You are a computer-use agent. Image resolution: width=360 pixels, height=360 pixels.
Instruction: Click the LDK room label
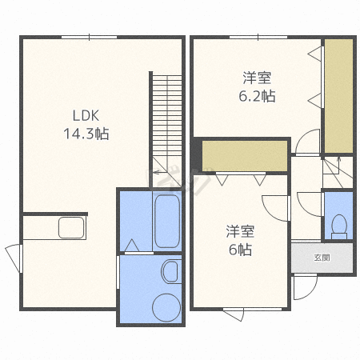(x=86, y=115)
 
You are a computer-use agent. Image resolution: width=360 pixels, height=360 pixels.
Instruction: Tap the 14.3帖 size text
(x=86, y=134)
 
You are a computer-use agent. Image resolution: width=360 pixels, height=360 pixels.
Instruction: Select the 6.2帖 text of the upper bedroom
(x=257, y=96)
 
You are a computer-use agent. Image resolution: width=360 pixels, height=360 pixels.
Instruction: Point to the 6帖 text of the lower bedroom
(x=240, y=250)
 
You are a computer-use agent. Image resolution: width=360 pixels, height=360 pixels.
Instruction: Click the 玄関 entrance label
(x=322, y=258)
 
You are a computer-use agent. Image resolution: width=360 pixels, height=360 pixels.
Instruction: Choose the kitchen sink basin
(x=71, y=227)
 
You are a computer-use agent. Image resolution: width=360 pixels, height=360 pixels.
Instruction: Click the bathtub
(x=167, y=222)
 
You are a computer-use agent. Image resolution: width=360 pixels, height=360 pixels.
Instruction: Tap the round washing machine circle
(x=166, y=307)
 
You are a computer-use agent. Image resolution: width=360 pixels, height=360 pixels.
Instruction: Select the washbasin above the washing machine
(x=170, y=272)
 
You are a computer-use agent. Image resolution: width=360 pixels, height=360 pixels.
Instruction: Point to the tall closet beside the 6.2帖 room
(x=338, y=96)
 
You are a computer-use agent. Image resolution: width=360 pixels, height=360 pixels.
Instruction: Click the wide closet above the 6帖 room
(x=245, y=156)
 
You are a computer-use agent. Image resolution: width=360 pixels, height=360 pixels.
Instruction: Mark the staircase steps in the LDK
(x=167, y=115)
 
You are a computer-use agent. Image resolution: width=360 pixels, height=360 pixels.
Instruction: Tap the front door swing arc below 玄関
(x=311, y=293)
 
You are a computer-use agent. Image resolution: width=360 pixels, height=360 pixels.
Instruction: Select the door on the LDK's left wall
(x=14, y=258)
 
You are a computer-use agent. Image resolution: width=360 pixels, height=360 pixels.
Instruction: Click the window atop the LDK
(x=90, y=37)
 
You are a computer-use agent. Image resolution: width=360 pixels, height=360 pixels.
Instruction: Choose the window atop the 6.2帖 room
(x=258, y=37)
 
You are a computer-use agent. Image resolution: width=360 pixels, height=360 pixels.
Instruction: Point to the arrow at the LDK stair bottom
(x=158, y=172)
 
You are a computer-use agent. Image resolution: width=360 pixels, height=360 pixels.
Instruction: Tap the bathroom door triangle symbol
(x=132, y=246)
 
